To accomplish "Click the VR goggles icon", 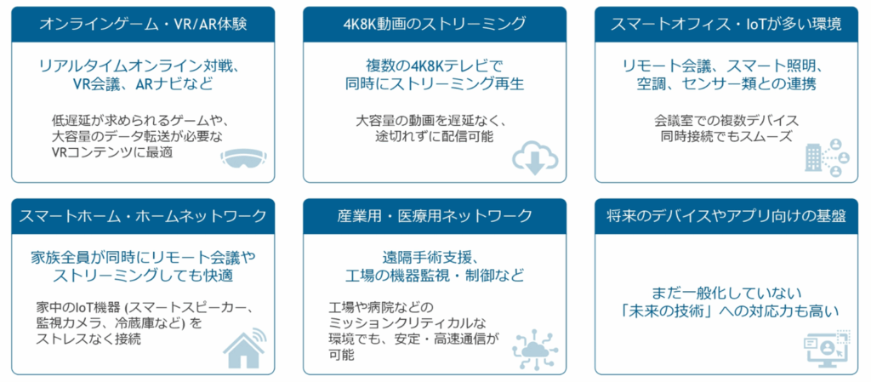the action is click(244, 158).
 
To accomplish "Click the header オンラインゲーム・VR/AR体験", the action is click(143, 24).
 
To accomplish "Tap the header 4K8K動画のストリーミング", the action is click(435, 24).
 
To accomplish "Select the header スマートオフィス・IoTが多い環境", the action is click(726, 24).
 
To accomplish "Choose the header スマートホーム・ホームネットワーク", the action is click(143, 216).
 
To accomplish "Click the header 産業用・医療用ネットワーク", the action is click(435, 216).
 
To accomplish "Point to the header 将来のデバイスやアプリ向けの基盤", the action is click(726, 216).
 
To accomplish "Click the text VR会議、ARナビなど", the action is click(143, 84).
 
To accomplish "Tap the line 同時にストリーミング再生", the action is click(435, 84).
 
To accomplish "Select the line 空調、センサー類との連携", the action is click(726, 84).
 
